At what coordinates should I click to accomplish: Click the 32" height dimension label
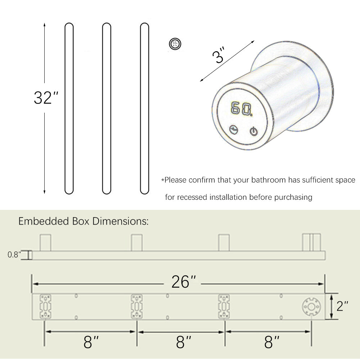click(x=46, y=98)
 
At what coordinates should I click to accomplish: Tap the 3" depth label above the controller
click(x=218, y=55)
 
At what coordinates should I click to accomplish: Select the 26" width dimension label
click(x=184, y=282)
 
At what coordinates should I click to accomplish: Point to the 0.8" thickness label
click(x=14, y=255)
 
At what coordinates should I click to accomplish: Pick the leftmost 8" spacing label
click(x=91, y=342)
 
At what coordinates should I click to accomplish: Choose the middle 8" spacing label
click(x=184, y=342)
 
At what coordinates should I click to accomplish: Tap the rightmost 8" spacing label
click(x=271, y=342)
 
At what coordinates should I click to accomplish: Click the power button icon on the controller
click(x=253, y=131)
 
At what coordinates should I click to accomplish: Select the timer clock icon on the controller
click(x=234, y=129)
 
